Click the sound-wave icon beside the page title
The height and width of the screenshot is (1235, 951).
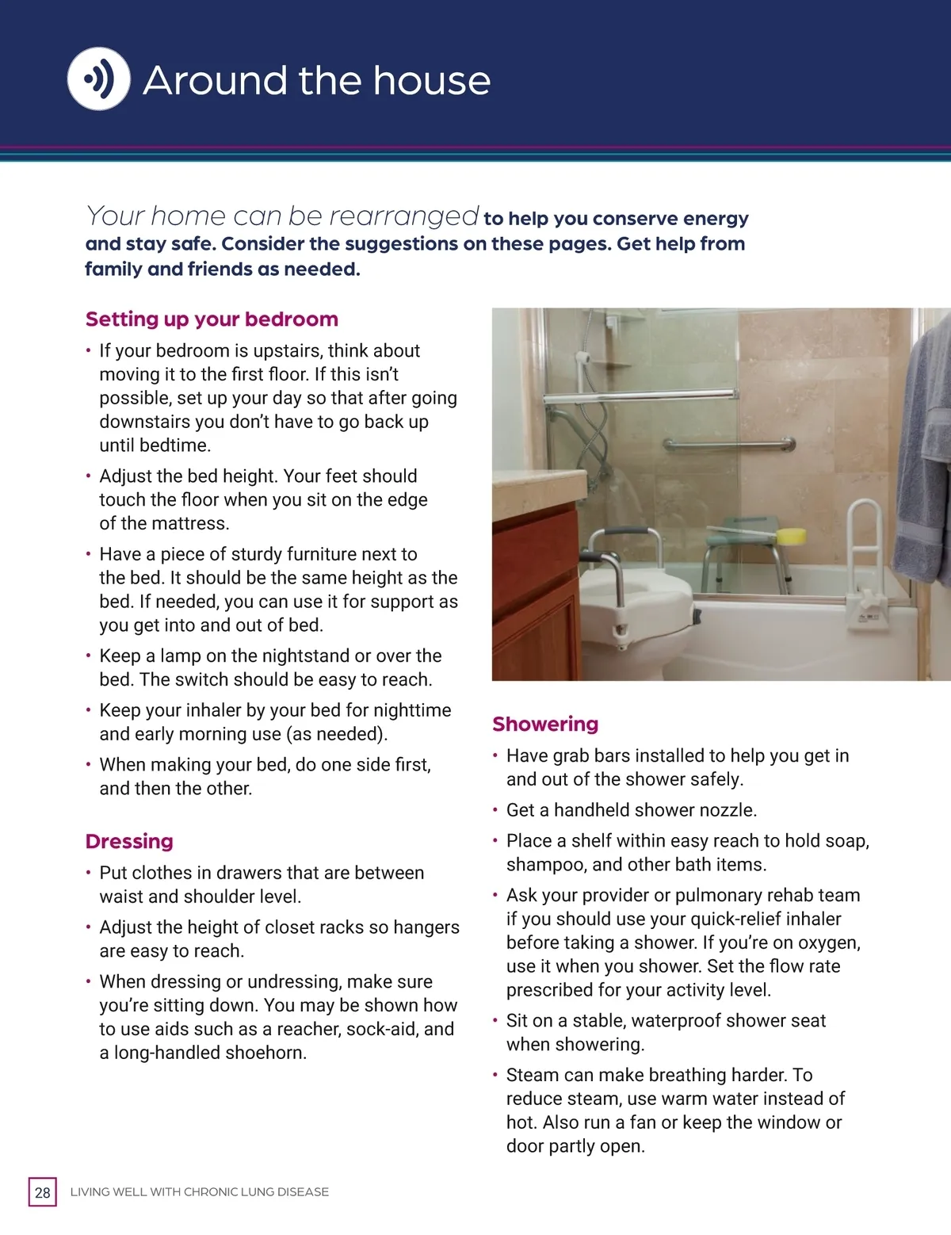(98, 78)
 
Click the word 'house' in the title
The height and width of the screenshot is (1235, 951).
(432, 81)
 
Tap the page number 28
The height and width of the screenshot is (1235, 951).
(43, 1192)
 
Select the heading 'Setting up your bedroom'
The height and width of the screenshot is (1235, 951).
(212, 319)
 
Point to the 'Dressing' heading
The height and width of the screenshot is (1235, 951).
(129, 841)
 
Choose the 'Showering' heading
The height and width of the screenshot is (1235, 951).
(545, 724)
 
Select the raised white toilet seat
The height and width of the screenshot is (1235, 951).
(634, 602)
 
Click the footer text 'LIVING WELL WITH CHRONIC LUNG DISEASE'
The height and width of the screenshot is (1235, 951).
(200, 1192)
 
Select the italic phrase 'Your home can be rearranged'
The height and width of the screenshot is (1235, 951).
(282, 216)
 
